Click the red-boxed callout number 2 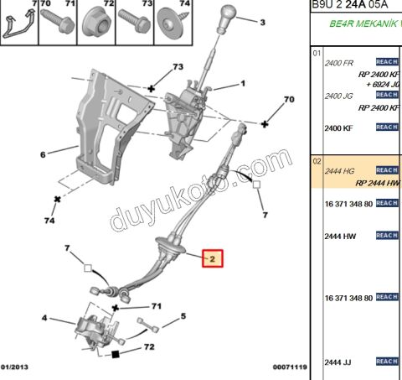coord(213,260)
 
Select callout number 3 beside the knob coord(263,23)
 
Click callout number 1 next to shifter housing coord(243,84)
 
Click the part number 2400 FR coord(338,63)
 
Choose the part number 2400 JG coord(338,96)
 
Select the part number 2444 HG coord(338,170)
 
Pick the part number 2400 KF coord(338,128)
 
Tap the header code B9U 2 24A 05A coord(351,6)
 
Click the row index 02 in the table coord(317,159)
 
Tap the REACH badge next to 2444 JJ coord(386,361)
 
